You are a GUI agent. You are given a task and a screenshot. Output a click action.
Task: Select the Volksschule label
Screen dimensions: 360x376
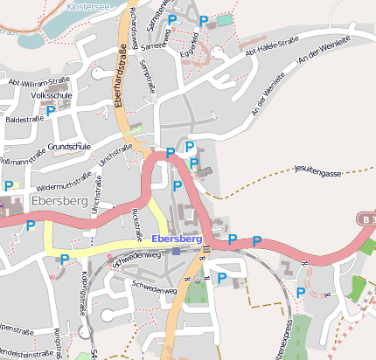[x=51, y=94]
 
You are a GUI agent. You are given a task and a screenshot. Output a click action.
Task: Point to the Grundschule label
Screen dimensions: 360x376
[x=70, y=145]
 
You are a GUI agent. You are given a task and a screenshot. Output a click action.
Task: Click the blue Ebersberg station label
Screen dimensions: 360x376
[x=177, y=238]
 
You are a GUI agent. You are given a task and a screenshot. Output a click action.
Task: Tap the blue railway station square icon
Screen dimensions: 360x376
[x=177, y=251]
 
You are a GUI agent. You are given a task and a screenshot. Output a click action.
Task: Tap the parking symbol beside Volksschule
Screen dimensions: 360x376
[x=51, y=110]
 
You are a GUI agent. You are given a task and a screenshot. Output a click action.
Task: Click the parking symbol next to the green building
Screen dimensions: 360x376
[x=204, y=20]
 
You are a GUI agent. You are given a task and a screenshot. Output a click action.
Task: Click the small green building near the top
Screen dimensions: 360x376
[x=225, y=19]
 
